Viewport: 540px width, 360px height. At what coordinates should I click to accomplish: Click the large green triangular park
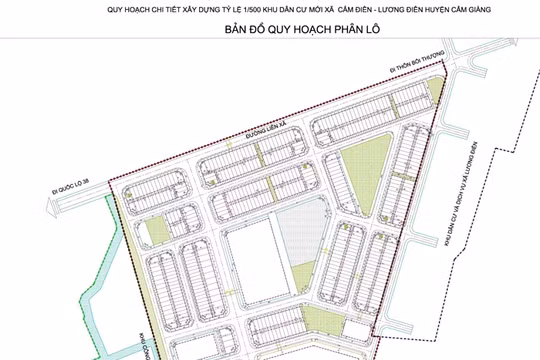tap(364, 164)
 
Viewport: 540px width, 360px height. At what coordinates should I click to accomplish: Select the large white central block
tap(249, 263)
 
